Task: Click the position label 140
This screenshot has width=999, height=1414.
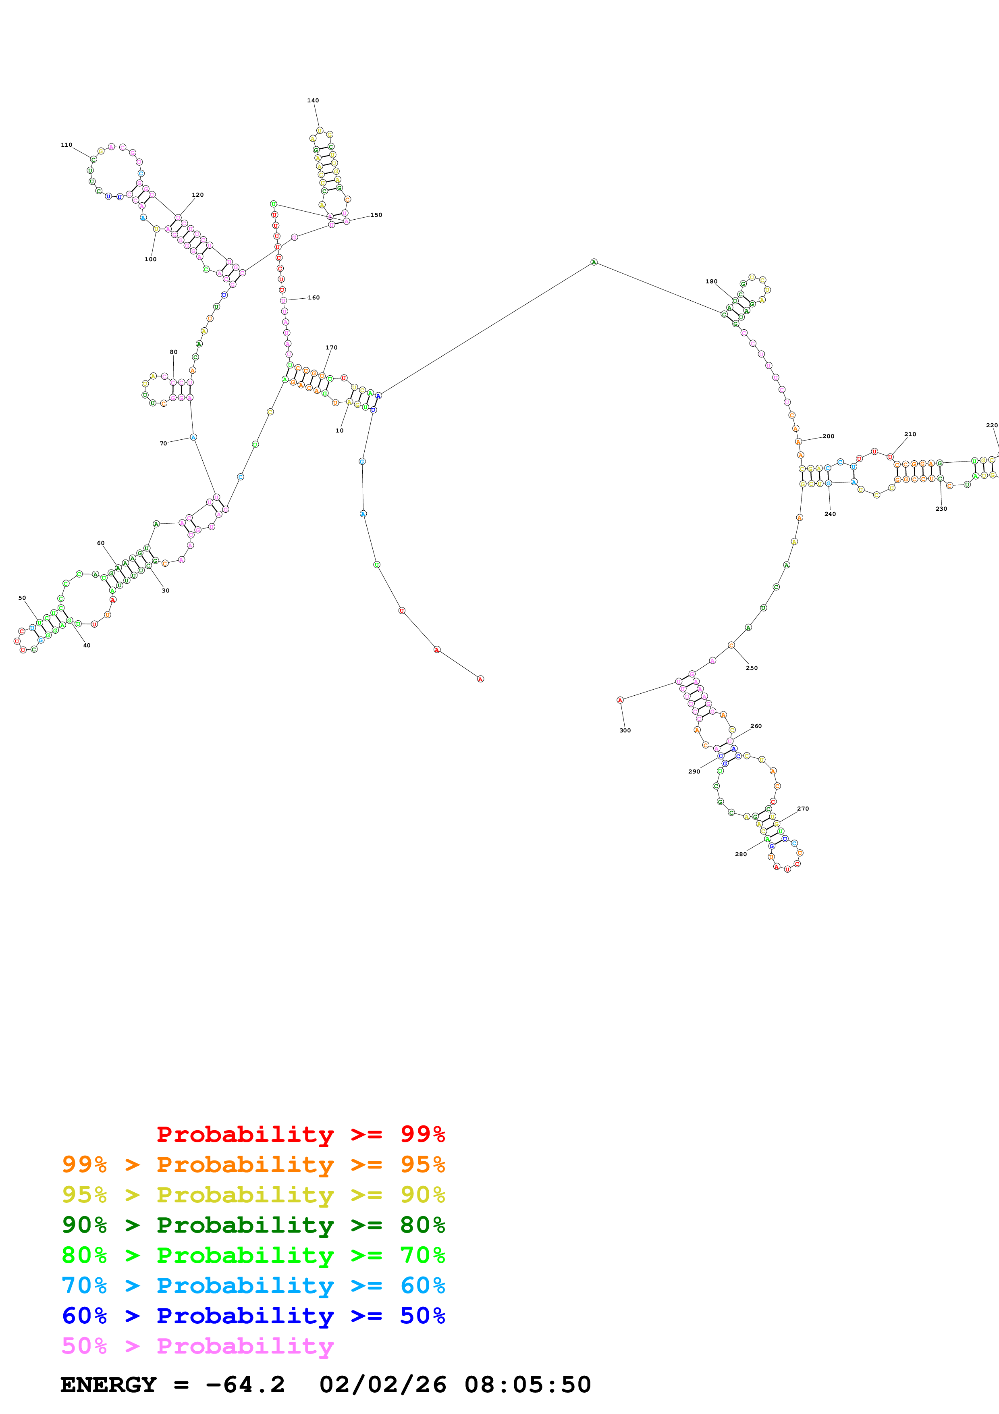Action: pyautogui.click(x=313, y=100)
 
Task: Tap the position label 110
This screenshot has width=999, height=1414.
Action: pyautogui.click(x=66, y=145)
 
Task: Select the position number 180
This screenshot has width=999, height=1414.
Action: pyautogui.click(x=711, y=281)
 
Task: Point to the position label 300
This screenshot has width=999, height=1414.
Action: pyautogui.click(x=625, y=730)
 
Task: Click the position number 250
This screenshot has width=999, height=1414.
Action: pyautogui.click(x=752, y=667)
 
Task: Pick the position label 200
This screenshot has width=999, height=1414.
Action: pyautogui.click(x=829, y=436)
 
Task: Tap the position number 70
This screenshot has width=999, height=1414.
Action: pyautogui.click(x=163, y=443)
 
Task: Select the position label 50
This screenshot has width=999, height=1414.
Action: pyautogui.click(x=22, y=598)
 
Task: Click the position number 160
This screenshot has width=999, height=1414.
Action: pyautogui.click(x=314, y=297)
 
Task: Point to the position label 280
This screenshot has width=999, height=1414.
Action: pyautogui.click(x=740, y=854)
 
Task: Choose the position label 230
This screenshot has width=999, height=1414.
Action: pyautogui.click(x=941, y=509)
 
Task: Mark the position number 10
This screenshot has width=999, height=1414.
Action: pyautogui.click(x=339, y=430)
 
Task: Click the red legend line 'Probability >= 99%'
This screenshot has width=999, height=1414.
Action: pyautogui.click(x=300, y=1134)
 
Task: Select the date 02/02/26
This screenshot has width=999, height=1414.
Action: pyautogui.click(x=382, y=1385)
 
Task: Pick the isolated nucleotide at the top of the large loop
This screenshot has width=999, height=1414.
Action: pyautogui.click(x=593, y=262)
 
